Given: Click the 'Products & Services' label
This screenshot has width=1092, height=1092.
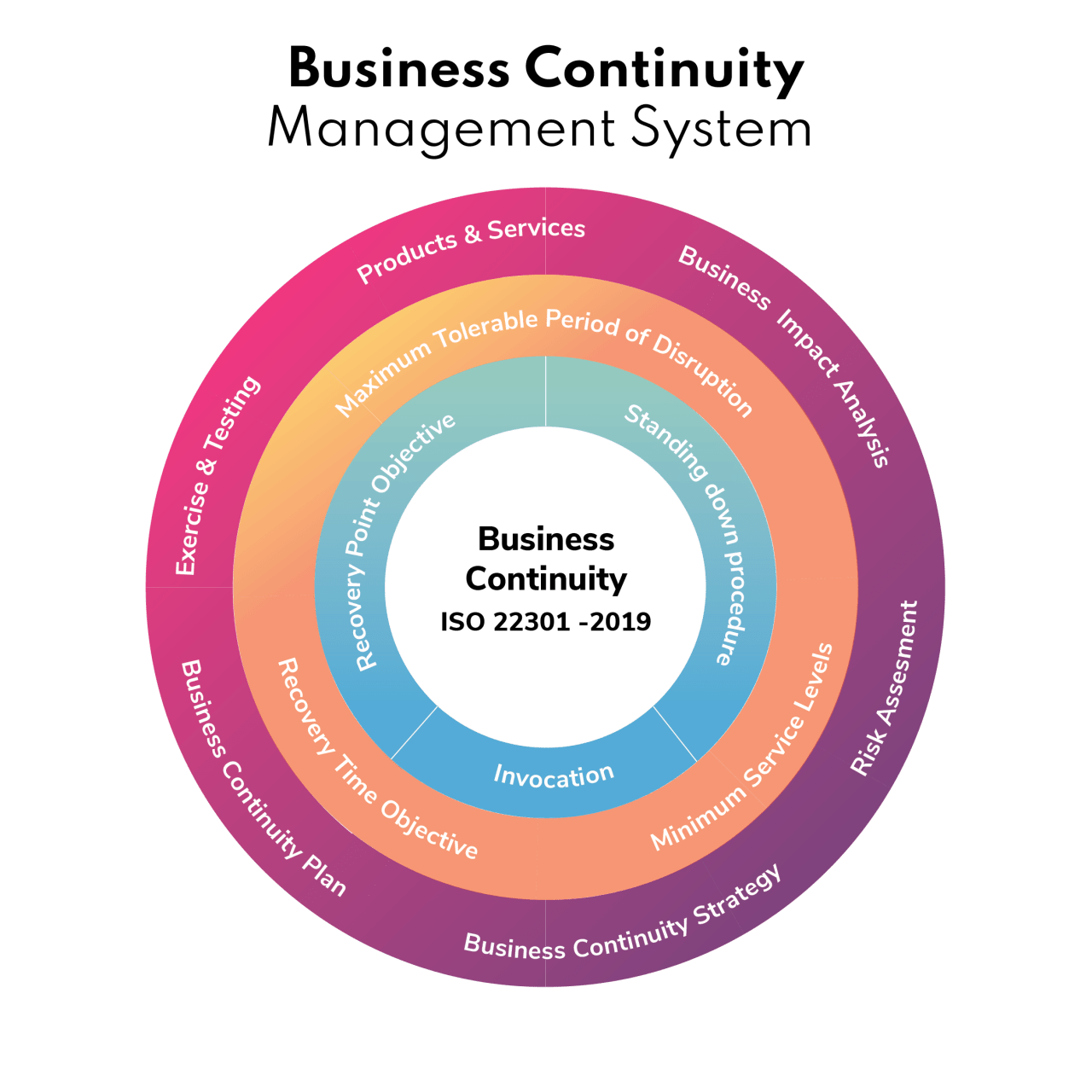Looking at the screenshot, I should [471, 247].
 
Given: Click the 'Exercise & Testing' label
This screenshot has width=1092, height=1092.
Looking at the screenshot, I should [217, 475].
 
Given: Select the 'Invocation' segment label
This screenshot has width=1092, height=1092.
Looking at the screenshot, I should [554, 775].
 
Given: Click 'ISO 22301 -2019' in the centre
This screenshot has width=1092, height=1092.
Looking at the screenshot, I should [546, 622].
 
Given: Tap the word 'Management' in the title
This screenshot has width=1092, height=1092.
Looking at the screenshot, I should [441, 130].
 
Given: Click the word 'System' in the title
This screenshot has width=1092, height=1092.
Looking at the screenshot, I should [722, 130].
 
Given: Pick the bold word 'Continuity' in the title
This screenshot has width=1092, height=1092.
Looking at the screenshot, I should [664, 70].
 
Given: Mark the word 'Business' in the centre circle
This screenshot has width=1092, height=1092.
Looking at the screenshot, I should [546, 539].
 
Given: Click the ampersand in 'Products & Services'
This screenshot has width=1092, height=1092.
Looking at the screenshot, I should [473, 235].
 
